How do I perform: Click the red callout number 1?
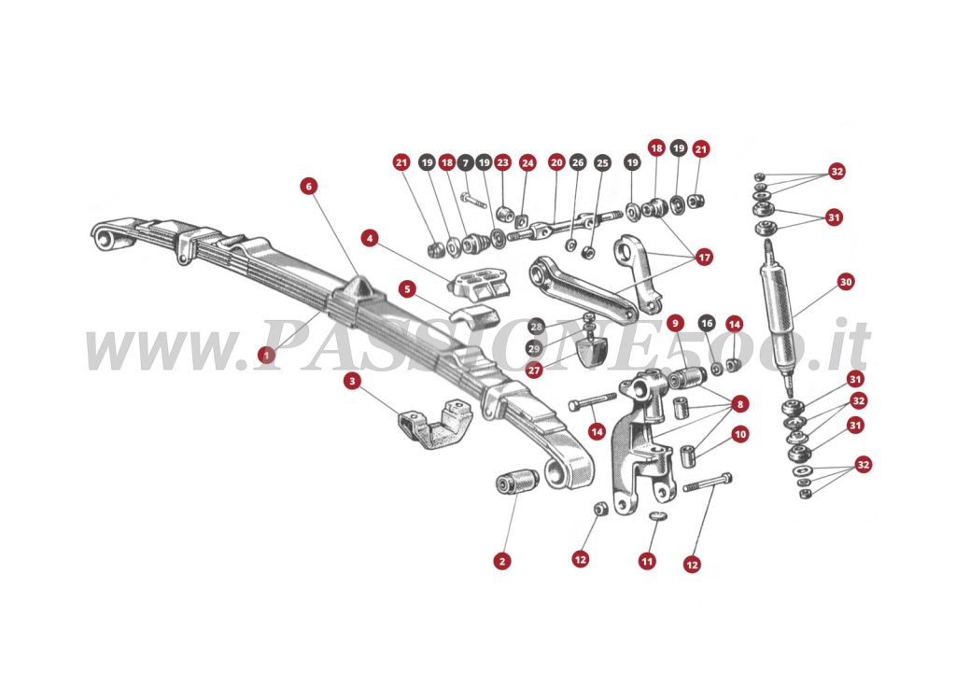tap(268, 355)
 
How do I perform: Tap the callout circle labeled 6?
tap(309, 186)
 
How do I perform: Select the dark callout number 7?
tap(466, 162)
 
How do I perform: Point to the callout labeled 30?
tap(846, 281)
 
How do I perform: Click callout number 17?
tap(703, 256)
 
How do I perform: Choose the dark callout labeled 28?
tap(534, 327)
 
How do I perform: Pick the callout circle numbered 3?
tap(352, 381)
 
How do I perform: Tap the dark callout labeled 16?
tap(707, 324)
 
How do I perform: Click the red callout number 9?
tap(676, 324)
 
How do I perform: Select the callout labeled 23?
tap(502, 162)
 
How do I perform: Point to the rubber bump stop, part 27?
tap(590, 352)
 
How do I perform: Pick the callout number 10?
tap(740, 434)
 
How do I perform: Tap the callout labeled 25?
tap(602, 162)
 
